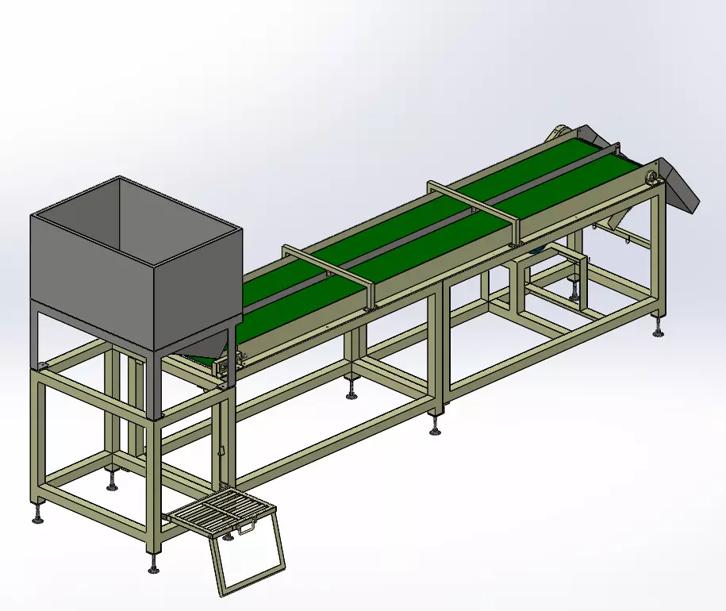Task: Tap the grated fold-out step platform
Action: tap(218, 507)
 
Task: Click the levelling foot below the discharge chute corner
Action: tap(658, 329)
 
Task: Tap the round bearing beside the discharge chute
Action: tap(651, 178)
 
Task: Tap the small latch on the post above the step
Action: tap(221, 453)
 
